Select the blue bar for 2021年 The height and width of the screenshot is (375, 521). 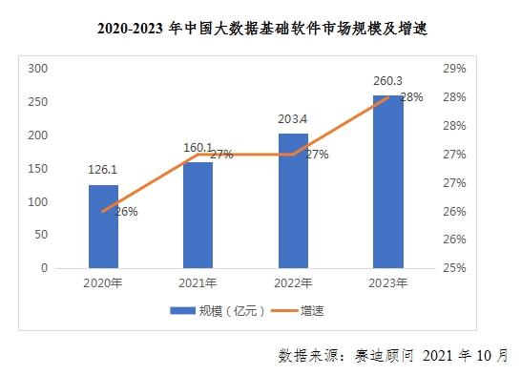click(198, 215)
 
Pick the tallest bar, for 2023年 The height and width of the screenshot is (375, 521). click(387, 181)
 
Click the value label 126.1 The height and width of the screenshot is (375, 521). click(103, 173)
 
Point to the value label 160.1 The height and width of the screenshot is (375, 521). click(198, 148)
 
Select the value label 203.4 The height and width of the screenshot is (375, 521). click(292, 119)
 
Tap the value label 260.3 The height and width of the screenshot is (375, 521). click(387, 82)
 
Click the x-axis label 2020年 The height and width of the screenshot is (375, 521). click(103, 282)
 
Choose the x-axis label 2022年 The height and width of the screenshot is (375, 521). click(293, 282)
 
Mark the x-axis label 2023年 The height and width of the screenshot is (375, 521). click(387, 282)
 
